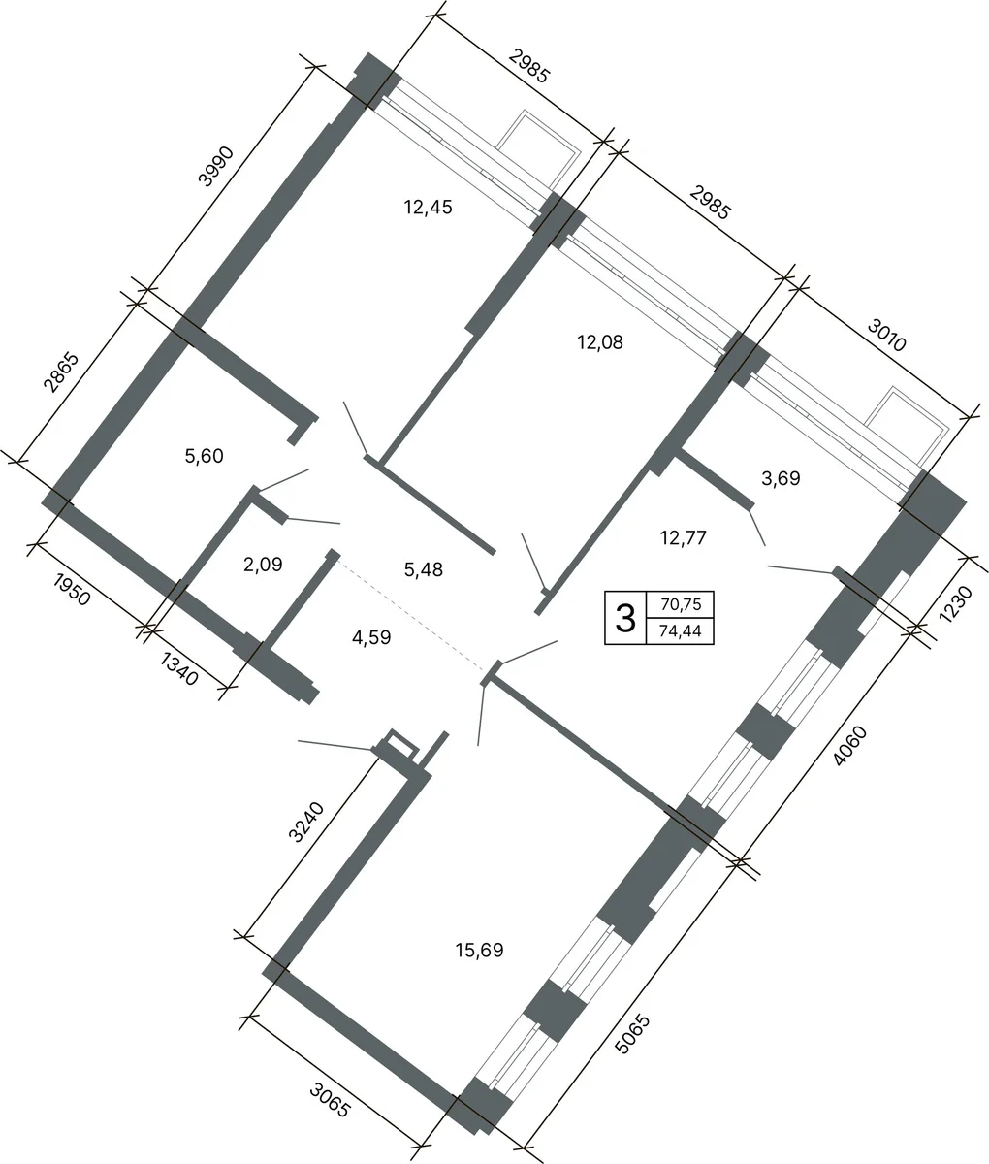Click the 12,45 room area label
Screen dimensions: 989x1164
429,208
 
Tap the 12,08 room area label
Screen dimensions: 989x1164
600,342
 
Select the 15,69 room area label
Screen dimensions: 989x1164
480,951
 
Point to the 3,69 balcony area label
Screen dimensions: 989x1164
781,478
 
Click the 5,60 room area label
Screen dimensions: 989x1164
205,456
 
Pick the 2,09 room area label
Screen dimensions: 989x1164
263,565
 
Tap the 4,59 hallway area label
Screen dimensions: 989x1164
371,638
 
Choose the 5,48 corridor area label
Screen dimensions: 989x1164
424,570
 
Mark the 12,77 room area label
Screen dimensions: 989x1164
683,538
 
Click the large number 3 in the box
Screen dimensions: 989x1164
625,618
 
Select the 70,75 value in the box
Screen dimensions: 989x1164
681,605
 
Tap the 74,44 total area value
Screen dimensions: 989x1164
681,631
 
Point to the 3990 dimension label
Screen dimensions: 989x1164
215,166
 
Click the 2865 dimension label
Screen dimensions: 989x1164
61,372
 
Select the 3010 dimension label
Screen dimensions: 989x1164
886,336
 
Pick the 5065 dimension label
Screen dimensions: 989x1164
633,1034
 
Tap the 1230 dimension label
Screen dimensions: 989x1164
956,604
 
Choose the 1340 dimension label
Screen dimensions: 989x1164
179,669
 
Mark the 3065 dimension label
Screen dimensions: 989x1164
331,1100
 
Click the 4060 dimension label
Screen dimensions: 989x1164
850,746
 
